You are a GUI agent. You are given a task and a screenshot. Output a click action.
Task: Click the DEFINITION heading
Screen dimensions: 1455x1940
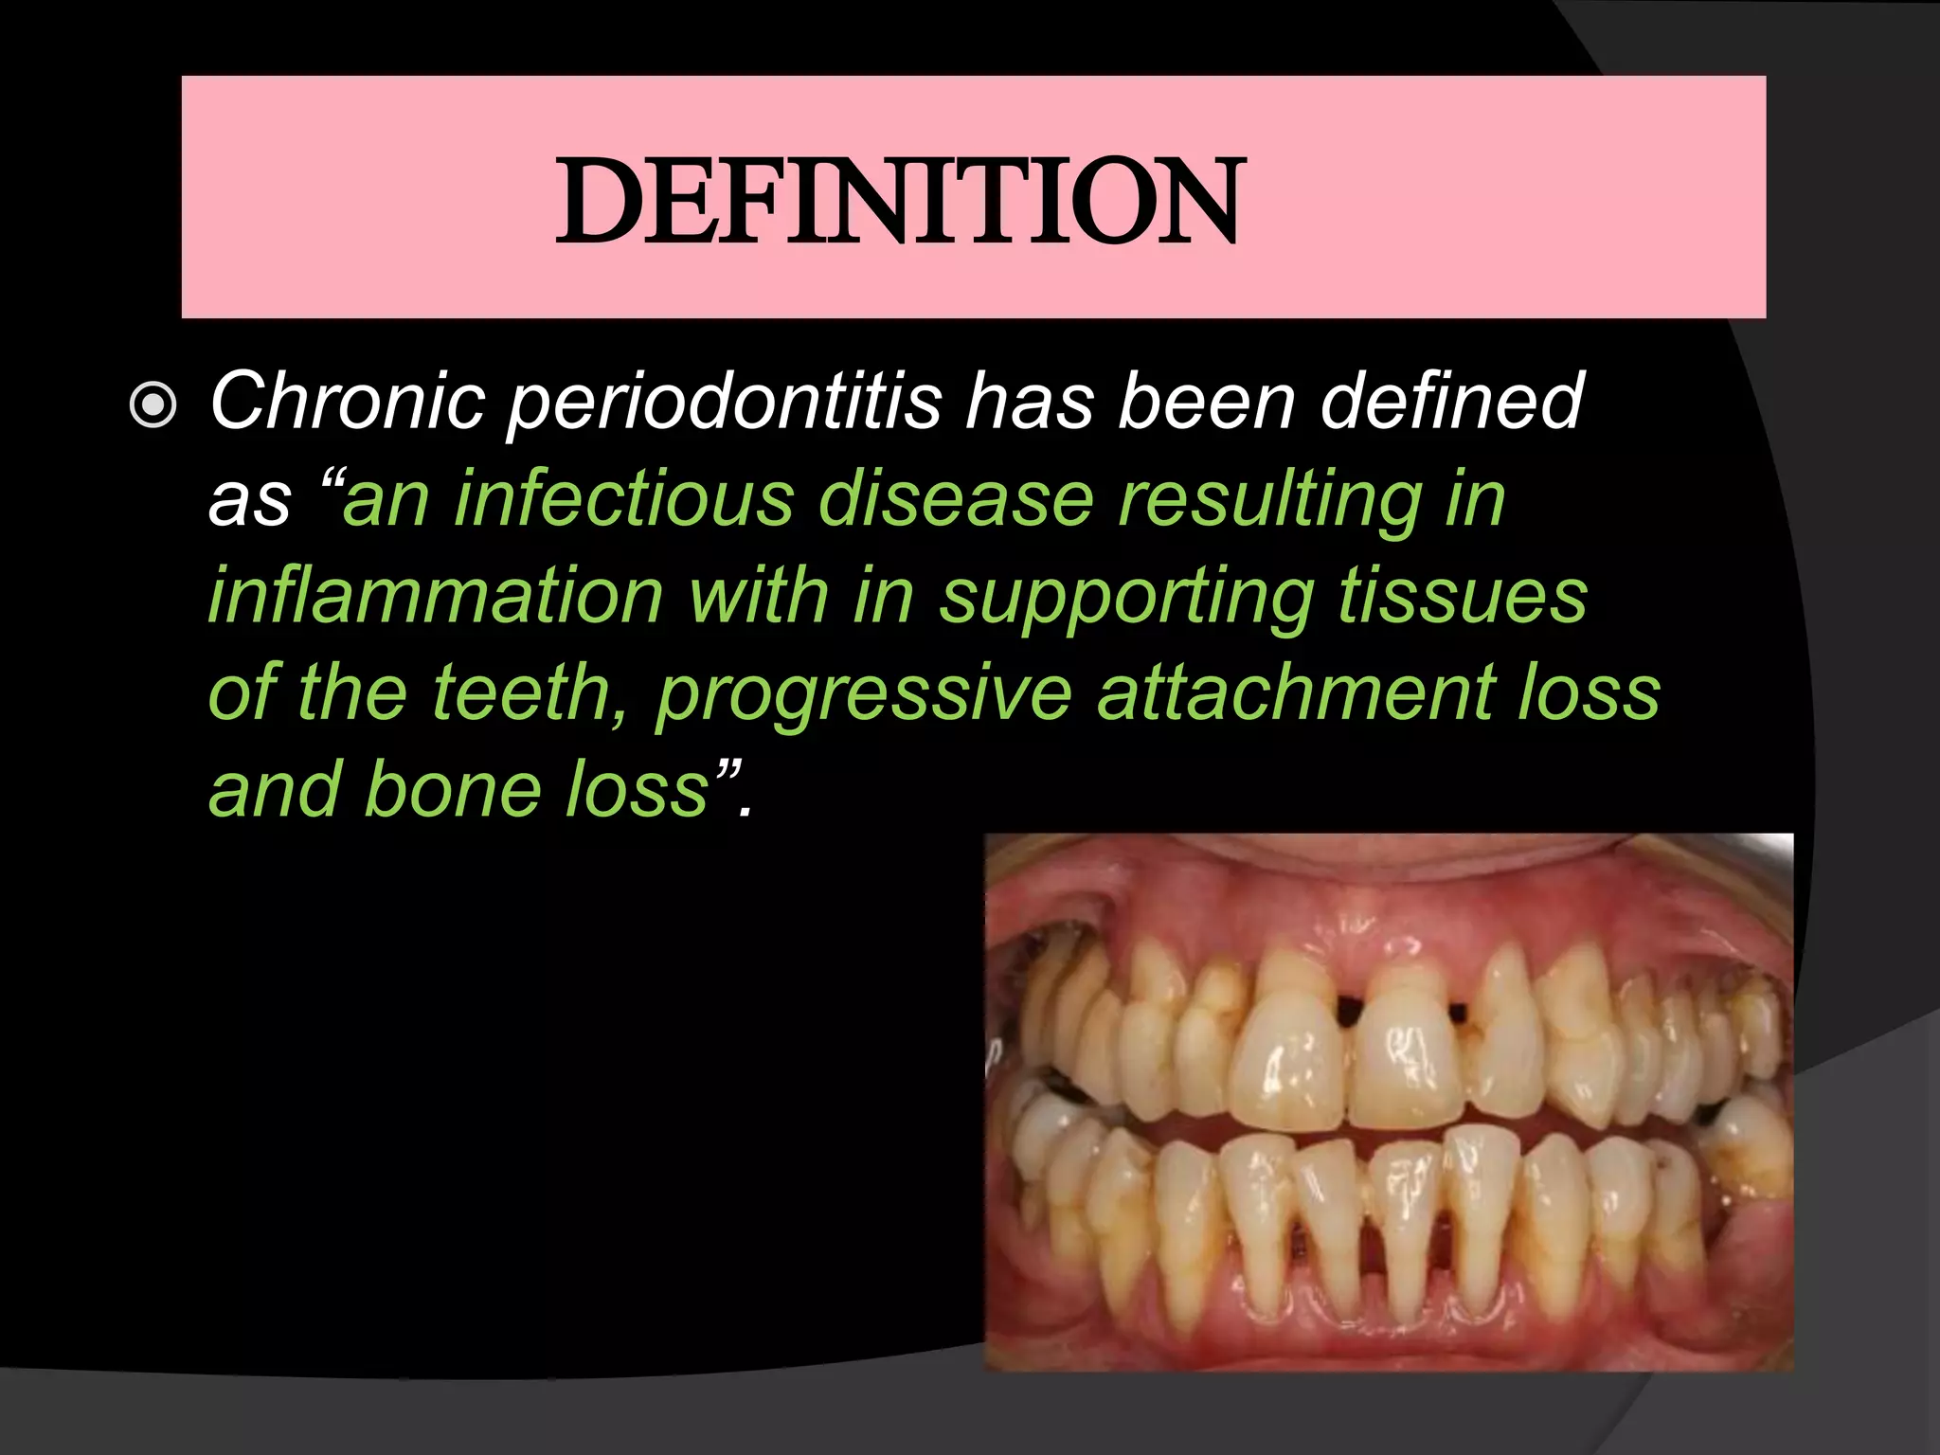click(898, 201)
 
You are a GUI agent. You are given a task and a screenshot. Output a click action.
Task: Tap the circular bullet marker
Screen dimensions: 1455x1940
click(153, 405)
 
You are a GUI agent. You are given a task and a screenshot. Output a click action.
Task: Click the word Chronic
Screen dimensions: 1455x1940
click(347, 402)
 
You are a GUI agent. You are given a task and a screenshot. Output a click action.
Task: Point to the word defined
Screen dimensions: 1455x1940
click(1451, 402)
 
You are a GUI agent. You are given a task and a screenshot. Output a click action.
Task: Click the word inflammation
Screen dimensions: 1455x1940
click(436, 596)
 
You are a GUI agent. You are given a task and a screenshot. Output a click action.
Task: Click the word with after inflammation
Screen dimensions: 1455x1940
click(759, 596)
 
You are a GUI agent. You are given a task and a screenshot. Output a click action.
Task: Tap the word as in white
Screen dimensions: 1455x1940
click(249, 501)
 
